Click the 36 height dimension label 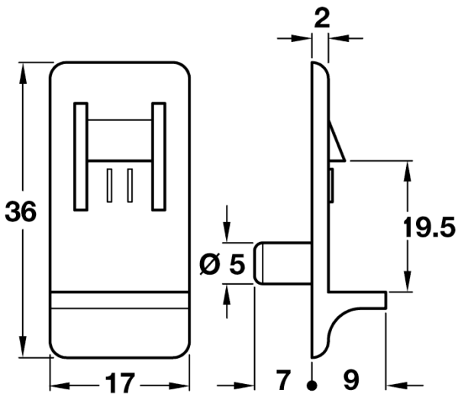point(21,211)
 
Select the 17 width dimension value point(120,382)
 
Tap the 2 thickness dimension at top point(322,18)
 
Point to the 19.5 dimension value point(429,227)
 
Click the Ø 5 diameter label point(222,263)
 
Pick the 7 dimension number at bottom point(283,380)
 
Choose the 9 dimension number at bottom point(351,380)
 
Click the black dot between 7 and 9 point(312,385)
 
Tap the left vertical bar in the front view point(81,156)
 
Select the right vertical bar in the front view point(159,156)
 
